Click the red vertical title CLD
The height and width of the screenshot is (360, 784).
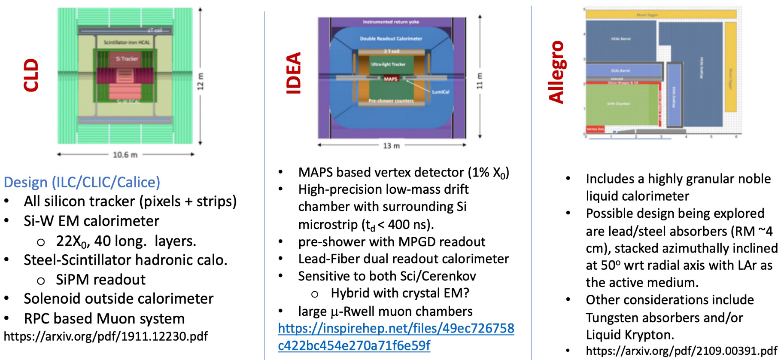pyautogui.click(x=31, y=75)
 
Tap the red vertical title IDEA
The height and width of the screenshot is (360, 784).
pyautogui.click(x=294, y=73)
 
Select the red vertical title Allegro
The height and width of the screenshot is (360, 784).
pyautogui.click(x=556, y=72)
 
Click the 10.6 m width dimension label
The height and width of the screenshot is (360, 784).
pyautogui.click(x=125, y=155)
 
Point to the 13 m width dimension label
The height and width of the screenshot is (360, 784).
pyautogui.click(x=391, y=146)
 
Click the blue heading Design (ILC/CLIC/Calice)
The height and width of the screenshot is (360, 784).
pyautogui.click(x=82, y=182)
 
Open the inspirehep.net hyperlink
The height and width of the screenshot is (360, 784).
pyautogui.click(x=396, y=337)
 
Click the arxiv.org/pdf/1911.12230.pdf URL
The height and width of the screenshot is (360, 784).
pyautogui.click(x=106, y=336)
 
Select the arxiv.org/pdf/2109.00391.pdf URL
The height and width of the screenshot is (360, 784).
pyautogui.click(x=681, y=351)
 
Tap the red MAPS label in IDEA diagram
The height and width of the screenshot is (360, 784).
pyautogui.click(x=390, y=79)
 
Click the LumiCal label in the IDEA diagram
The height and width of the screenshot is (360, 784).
pyautogui.click(x=441, y=92)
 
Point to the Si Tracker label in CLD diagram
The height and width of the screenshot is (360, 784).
pyautogui.click(x=127, y=59)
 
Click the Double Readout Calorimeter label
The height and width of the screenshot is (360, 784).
pyautogui.click(x=391, y=39)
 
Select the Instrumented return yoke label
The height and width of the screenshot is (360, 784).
pyautogui.click(x=391, y=22)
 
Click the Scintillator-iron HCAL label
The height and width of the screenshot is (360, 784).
pyautogui.click(x=127, y=43)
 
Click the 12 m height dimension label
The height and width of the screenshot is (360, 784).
pyautogui.click(x=200, y=82)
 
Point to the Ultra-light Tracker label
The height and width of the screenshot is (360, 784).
pyautogui.click(x=388, y=64)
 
